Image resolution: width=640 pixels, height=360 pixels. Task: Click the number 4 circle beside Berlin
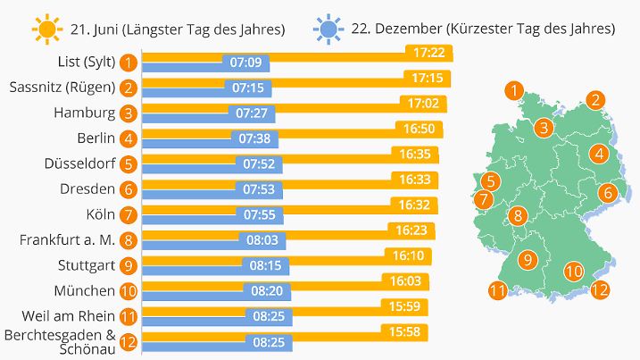[x=130, y=138]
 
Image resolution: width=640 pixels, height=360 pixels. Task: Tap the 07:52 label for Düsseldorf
[x=258, y=163]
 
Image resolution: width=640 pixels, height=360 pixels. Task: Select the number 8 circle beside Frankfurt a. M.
[x=130, y=239]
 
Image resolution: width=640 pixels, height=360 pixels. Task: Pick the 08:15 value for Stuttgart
[x=265, y=264]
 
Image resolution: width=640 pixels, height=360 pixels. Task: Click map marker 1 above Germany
[x=513, y=89]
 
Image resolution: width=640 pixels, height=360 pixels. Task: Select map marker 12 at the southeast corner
[x=600, y=289]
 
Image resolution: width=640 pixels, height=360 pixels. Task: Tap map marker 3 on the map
[x=543, y=129]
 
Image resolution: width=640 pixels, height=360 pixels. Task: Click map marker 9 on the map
[x=527, y=260]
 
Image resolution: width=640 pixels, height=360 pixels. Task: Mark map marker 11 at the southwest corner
[x=498, y=289]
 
